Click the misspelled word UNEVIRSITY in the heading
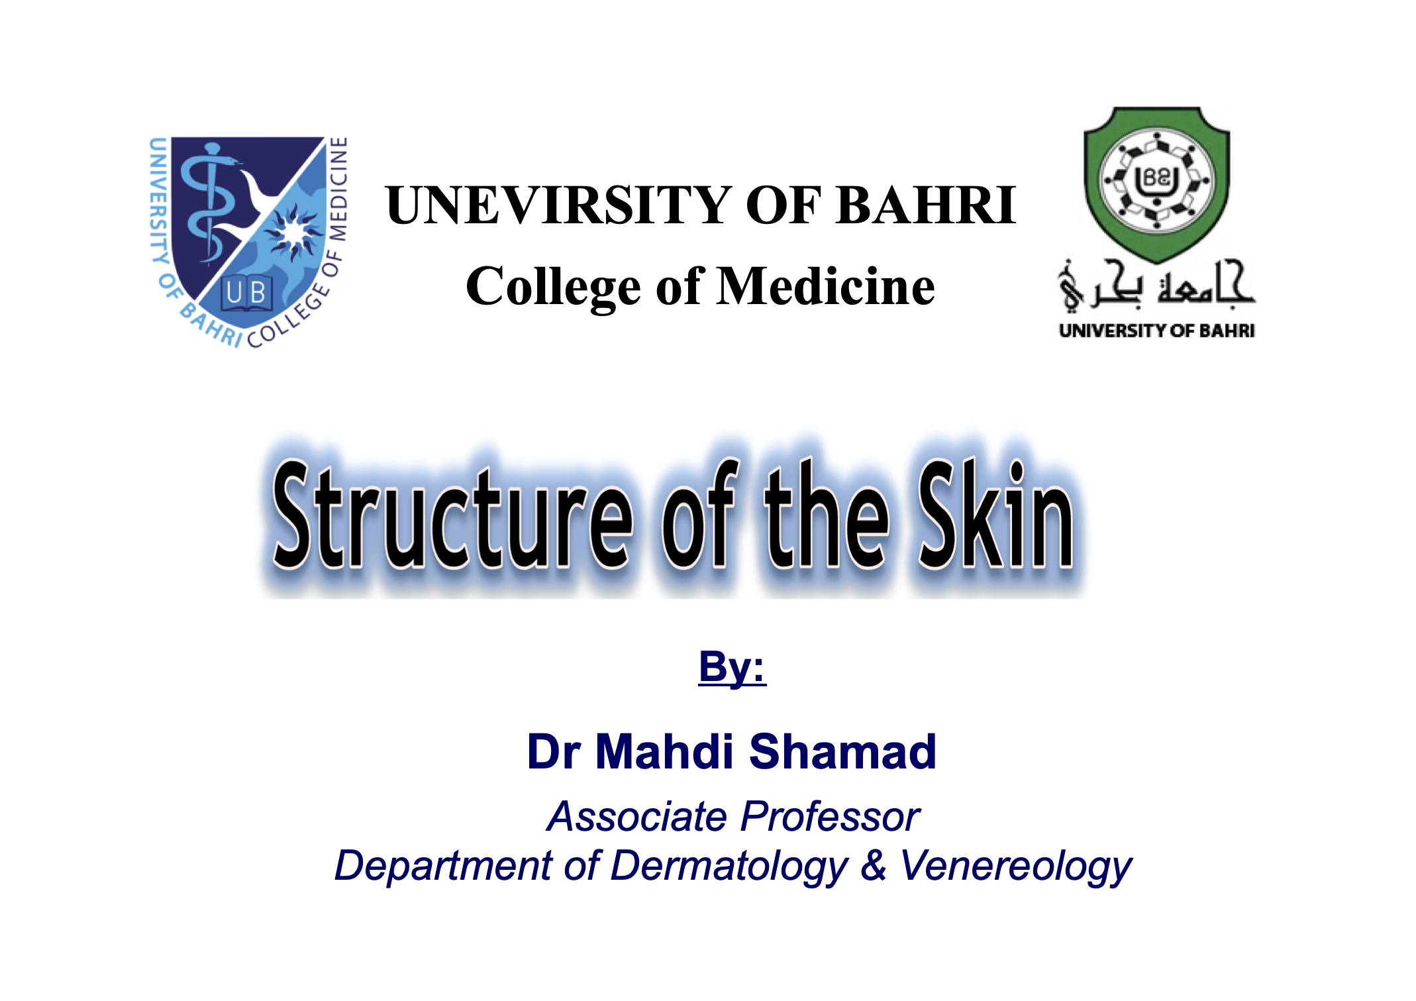(x=558, y=205)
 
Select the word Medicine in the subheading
(x=826, y=286)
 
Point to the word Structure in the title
(x=452, y=515)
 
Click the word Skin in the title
(x=995, y=514)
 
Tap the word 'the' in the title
(x=827, y=514)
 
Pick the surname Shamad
(x=842, y=752)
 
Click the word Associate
(x=636, y=816)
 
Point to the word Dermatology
(x=729, y=867)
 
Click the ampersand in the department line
(x=874, y=865)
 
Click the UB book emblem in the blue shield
(x=246, y=291)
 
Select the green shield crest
(x=1156, y=183)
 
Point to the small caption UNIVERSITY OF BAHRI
(x=1156, y=331)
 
